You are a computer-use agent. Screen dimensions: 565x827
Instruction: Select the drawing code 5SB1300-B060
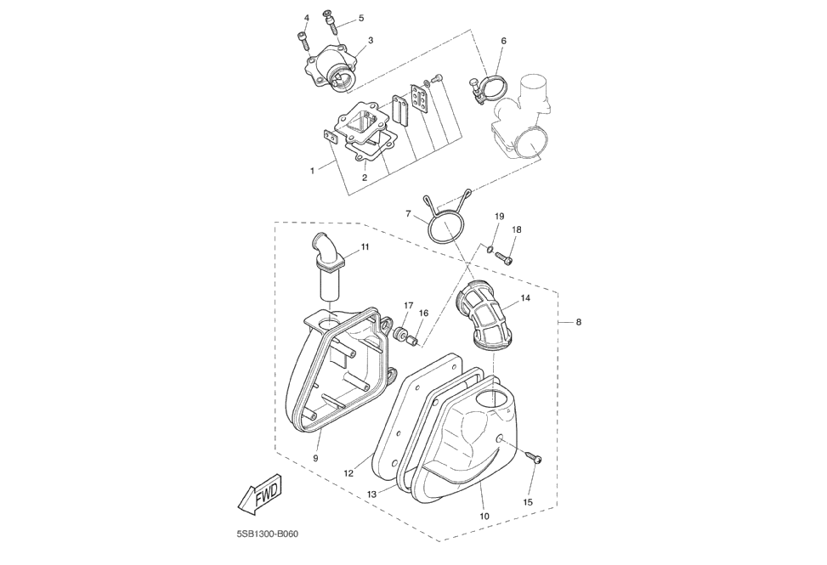pyautogui.click(x=268, y=534)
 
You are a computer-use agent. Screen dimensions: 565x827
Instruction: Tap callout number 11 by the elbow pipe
pyautogui.click(x=365, y=247)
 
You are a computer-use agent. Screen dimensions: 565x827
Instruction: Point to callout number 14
pyautogui.click(x=525, y=298)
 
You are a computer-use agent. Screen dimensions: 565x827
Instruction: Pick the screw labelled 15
pyautogui.click(x=535, y=459)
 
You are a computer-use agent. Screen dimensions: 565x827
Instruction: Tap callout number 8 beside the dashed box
pyautogui.click(x=579, y=322)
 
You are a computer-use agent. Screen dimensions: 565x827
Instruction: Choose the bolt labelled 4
pyautogui.click(x=303, y=39)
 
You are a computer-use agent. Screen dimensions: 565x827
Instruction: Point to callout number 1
pyautogui.click(x=312, y=171)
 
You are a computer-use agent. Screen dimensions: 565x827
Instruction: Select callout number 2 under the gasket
pyautogui.click(x=365, y=178)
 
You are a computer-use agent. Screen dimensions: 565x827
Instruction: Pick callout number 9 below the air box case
pyautogui.click(x=315, y=458)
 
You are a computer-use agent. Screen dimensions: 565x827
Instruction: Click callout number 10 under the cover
pyautogui.click(x=484, y=516)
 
